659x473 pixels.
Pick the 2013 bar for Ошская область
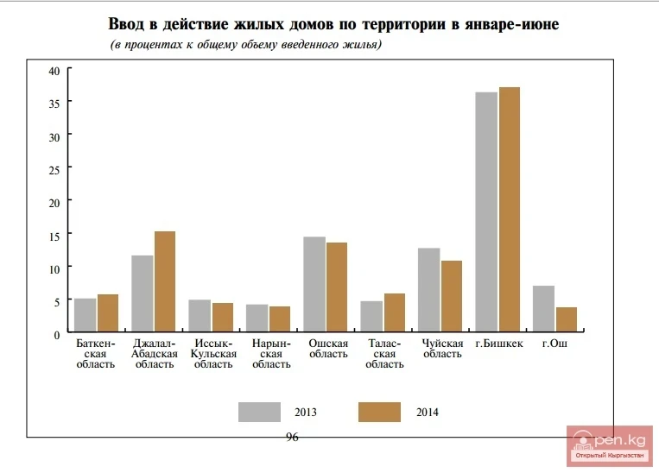314,284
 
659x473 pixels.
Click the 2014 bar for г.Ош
567,319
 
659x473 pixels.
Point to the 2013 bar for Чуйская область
429,290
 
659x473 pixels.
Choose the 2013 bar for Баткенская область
86,315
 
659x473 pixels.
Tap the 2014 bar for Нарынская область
280,319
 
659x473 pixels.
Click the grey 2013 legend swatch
260,412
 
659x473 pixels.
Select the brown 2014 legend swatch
379,412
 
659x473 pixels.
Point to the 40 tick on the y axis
54,71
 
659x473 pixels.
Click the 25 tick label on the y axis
54,170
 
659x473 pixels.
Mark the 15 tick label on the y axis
54,236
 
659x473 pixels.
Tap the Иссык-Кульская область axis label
212,354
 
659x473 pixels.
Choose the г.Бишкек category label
498,344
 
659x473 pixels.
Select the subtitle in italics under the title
246,44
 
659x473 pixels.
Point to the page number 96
292,438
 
